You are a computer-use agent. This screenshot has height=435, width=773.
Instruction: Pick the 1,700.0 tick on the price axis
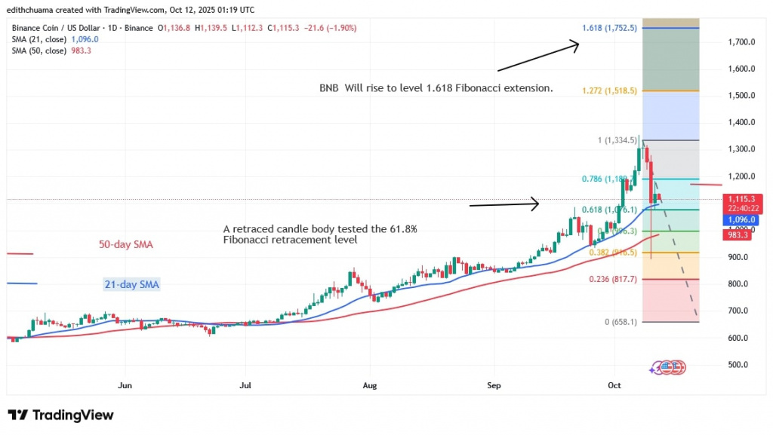742,42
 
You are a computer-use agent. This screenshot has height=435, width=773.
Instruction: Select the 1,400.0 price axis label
742,122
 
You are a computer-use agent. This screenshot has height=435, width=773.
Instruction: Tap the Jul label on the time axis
244,385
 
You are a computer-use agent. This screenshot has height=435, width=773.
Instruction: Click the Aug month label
368,385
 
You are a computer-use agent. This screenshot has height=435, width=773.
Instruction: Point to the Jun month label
125,385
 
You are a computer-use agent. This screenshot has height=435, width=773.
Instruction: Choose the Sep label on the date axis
494,385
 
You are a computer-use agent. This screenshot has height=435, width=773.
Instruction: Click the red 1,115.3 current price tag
745,200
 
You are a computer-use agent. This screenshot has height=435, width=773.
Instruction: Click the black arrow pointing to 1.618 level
537,57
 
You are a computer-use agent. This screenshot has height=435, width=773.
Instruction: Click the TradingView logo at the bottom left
60,415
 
